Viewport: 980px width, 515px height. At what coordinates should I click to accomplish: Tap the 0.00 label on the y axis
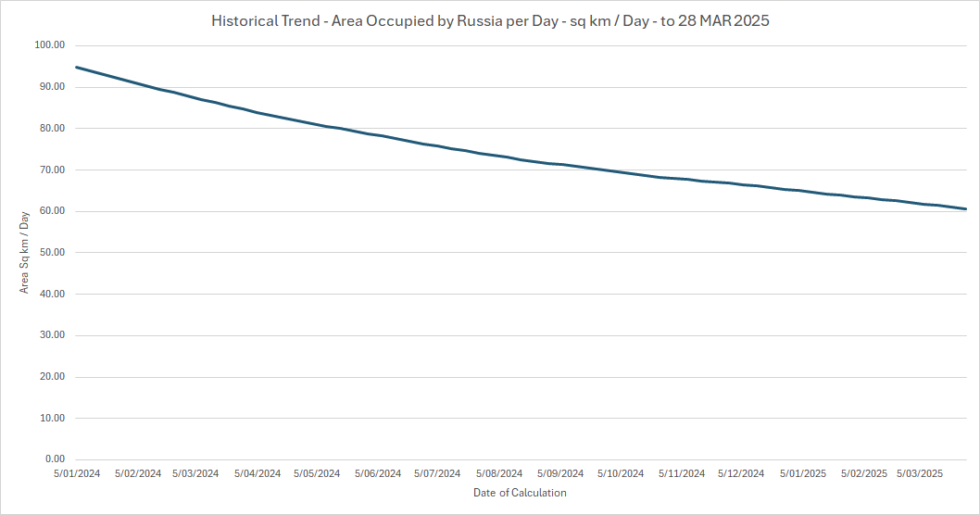point(54,459)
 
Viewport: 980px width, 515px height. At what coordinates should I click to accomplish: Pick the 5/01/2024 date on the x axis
point(77,473)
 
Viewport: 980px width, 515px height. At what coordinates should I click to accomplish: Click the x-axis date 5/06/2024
point(378,473)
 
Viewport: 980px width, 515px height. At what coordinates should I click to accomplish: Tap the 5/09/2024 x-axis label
point(560,473)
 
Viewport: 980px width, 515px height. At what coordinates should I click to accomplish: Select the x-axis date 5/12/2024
point(741,473)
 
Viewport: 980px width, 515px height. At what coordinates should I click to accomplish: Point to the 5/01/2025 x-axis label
point(802,473)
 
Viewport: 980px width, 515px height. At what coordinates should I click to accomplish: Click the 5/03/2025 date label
point(921,473)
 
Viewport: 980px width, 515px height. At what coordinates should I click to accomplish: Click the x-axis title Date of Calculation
point(520,493)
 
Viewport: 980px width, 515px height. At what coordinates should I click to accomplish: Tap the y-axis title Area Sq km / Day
point(25,252)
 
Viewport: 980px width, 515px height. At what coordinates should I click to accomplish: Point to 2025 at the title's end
point(750,20)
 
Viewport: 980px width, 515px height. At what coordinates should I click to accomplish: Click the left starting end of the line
point(76,67)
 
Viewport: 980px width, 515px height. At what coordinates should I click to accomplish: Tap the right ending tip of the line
point(966,209)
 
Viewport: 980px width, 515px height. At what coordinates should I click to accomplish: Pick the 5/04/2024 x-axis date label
point(258,473)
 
